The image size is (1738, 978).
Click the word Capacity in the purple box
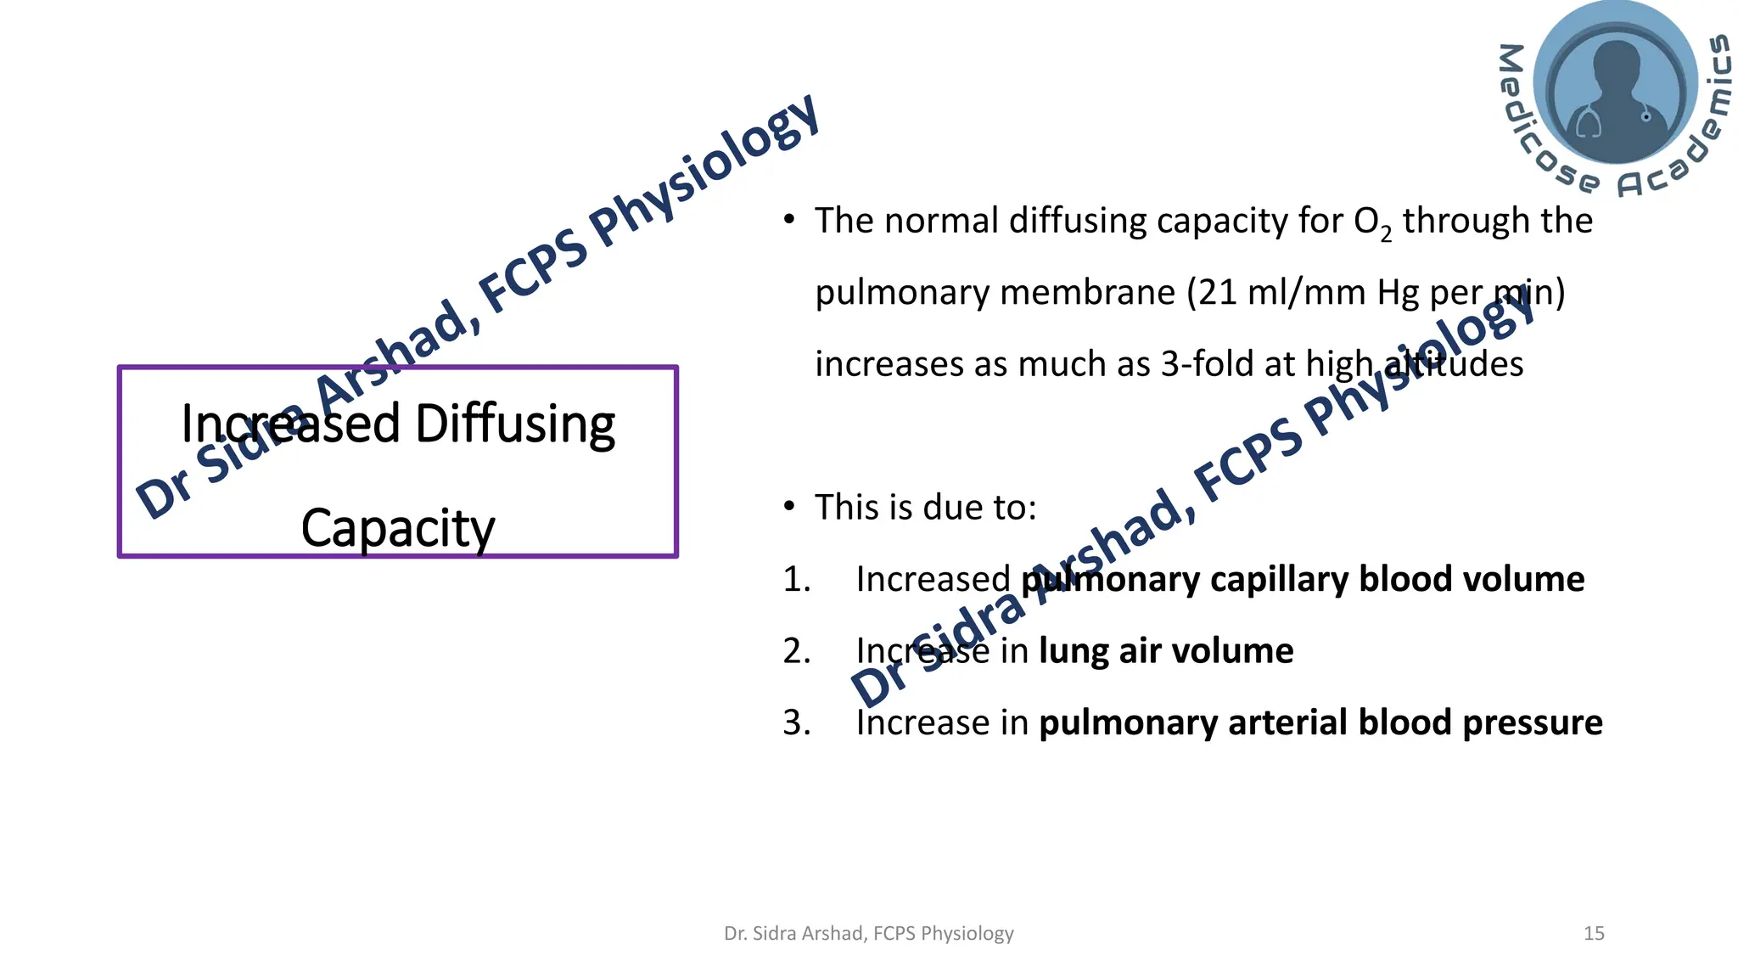click(397, 528)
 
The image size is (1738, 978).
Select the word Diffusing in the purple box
click(515, 424)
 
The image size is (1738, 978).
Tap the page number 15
click(1594, 934)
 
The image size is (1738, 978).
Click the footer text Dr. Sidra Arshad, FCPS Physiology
click(868, 934)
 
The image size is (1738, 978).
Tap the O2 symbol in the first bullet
click(1372, 222)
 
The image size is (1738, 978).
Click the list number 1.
click(796, 580)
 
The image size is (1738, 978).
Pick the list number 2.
click(796, 651)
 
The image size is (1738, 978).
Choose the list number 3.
click(796, 723)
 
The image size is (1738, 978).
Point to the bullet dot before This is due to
click(789, 508)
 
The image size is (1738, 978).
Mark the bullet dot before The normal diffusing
click(789, 221)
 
